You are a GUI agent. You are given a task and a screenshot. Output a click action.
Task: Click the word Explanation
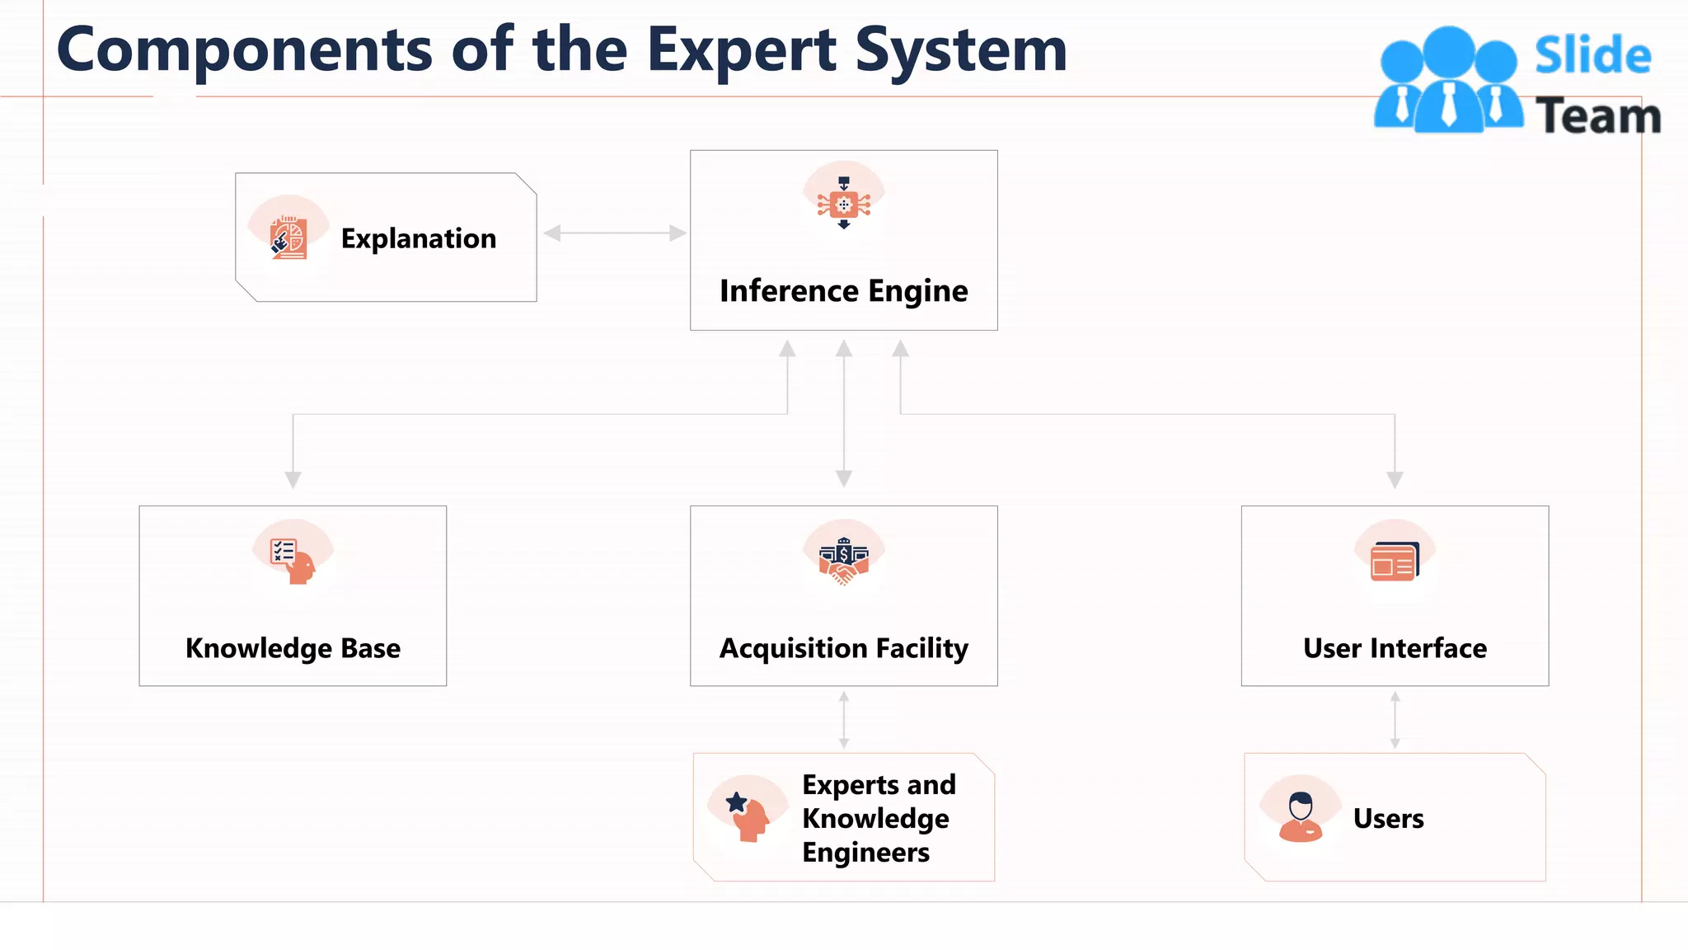[x=419, y=238]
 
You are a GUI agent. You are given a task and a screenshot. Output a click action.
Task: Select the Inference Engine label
[x=843, y=291]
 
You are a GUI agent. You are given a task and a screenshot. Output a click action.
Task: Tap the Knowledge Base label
[x=293, y=648]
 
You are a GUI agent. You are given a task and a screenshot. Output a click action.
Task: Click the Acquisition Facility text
[x=843, y=648]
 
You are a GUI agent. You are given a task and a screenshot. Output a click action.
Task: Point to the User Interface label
[x=1395, y=648]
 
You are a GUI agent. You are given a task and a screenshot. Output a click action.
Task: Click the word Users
[x=1388, y=818]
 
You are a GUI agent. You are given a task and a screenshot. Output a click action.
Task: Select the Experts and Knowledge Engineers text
[x=878, y=818]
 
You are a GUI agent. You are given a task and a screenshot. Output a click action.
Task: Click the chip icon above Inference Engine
[x=843, y=203]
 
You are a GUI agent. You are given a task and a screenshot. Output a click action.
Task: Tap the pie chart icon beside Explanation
[x=288, y=237]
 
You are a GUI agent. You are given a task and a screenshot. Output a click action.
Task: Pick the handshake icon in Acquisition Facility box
[x=843, y=561]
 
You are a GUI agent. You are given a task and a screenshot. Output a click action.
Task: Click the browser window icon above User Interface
[x=1395, y=562]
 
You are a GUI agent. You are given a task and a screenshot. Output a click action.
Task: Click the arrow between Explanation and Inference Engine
[x=615, y=233]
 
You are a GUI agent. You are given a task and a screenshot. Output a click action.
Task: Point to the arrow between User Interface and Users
[x=1395, y=720]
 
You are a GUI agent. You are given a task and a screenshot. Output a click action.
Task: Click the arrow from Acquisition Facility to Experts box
[x=843, y=720]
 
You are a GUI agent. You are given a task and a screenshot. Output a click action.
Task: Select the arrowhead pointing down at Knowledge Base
[x=293, y=479]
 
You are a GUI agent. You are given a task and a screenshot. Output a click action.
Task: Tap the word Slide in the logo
[x=1592, y=56]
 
